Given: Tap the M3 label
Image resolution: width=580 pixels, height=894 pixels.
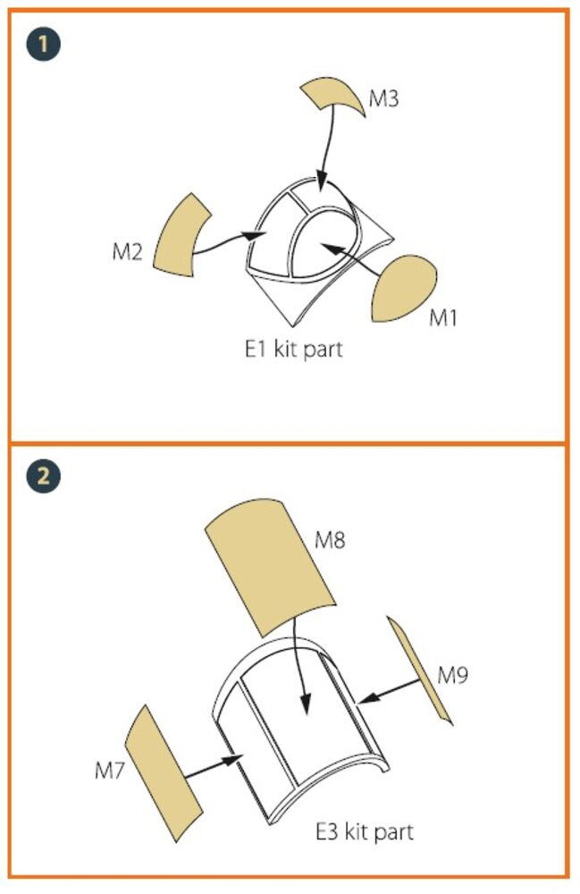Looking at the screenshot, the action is (383, 98).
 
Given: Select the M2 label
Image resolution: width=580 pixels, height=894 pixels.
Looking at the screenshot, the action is (127, 251).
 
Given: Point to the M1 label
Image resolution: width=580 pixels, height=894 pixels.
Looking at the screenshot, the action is (443, 317).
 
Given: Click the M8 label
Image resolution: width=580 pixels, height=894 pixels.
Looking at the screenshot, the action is (330, 539).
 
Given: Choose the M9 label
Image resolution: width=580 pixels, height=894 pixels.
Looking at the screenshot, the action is (453, 675).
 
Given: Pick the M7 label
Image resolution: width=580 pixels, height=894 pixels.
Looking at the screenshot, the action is (109, 771).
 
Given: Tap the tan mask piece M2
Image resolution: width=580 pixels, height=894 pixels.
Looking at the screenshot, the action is (181, 236).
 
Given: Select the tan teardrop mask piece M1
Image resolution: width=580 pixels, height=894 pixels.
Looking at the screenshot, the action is (403, 289).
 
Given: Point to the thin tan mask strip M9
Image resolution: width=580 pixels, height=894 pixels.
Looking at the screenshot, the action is (419, 670).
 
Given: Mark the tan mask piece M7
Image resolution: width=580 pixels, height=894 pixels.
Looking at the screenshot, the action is (163, 773).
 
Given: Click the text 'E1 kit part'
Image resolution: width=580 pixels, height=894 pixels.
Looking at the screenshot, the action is (293, 349).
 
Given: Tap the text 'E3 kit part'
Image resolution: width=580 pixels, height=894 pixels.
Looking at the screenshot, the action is (365, 832).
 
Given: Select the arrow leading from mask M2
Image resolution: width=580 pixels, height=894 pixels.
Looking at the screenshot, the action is (228, 242).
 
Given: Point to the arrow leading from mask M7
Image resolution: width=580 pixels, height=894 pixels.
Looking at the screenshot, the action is (214, 767).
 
